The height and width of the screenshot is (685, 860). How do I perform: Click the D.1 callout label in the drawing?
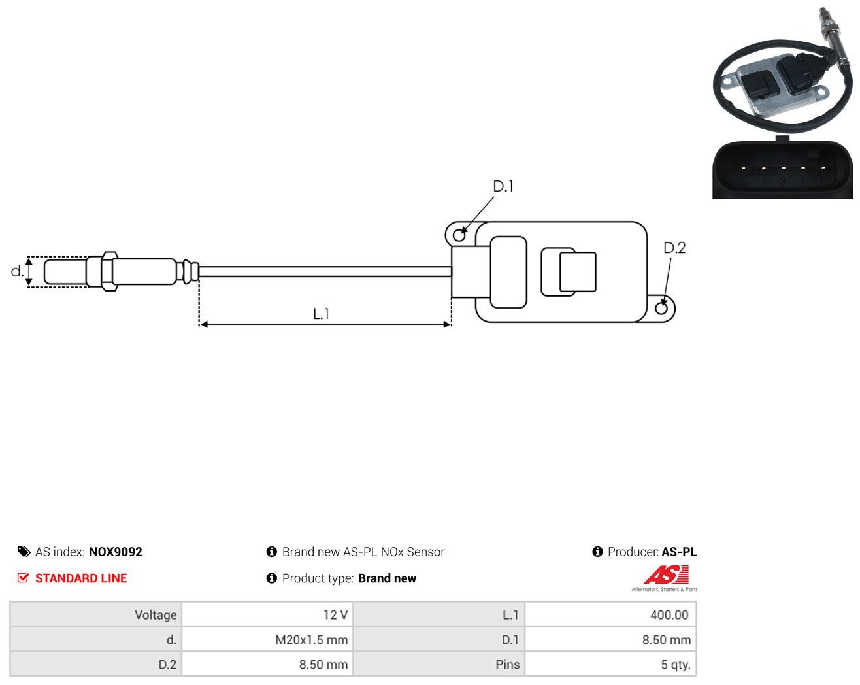(503, 186)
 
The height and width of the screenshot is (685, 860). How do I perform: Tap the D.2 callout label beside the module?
(674, 248)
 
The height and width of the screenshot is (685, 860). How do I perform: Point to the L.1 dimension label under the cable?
(321, 314)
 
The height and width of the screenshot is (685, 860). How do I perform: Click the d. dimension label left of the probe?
(17, 271)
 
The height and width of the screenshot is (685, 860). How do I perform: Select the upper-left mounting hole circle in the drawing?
(459, 235)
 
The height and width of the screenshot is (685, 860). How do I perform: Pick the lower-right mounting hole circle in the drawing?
(661, 309)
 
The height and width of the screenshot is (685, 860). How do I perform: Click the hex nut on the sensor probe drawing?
(109, 271)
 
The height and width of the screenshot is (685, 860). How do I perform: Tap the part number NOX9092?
(116, 552)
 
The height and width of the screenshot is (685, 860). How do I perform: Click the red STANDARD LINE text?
(81, 578)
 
